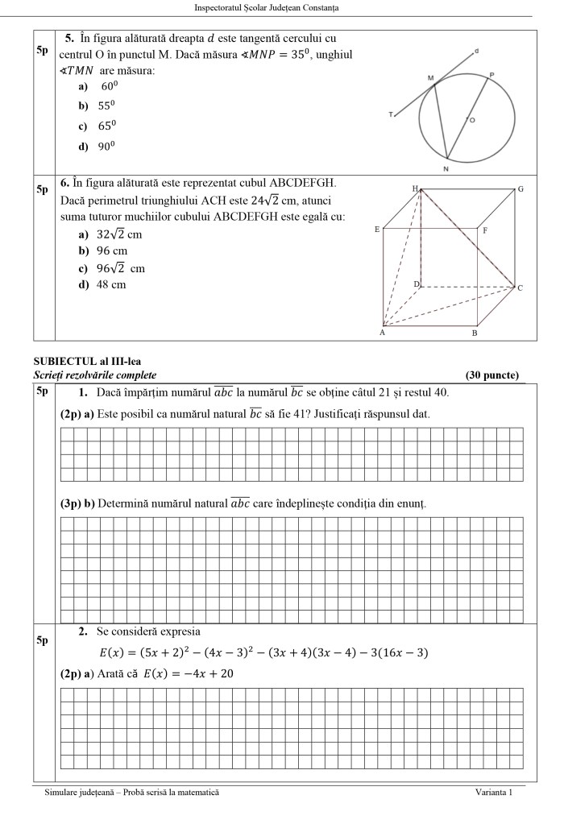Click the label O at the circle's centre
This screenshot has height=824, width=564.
click(472, 120)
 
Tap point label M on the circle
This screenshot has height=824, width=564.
click(430, 78)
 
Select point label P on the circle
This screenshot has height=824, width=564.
click(491, 74)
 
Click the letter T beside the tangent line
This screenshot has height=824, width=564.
click(391, 115)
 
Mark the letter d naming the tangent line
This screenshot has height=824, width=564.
click(476, 51)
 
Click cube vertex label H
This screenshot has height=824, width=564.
click(415, 188)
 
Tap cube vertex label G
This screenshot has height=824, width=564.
click(521, 189)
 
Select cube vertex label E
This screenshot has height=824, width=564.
click(377, 230)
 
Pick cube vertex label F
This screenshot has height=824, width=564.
click(485, 230)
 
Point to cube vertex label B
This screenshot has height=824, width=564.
click(475, 333)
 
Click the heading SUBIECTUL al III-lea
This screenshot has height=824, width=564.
click(85, 362)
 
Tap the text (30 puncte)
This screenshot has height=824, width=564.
click(492, 375)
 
